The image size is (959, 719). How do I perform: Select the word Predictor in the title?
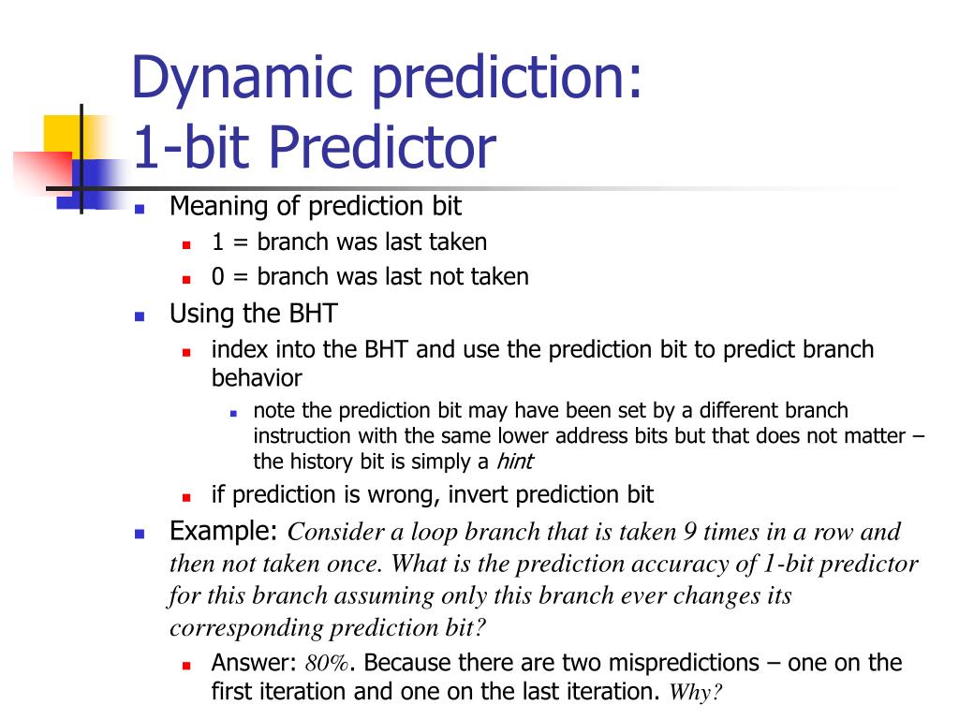point(382,147)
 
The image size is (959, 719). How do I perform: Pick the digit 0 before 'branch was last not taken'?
point(218,277)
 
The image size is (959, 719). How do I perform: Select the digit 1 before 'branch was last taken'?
point(217,242)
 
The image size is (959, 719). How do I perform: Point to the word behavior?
point(257,378)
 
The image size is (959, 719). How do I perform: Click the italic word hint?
point(514,461)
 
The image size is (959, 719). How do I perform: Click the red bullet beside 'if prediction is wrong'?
point(186,498)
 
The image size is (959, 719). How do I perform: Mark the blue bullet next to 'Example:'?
point(140,534)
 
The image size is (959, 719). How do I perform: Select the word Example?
point(224,532)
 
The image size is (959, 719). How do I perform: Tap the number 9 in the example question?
point(690,532)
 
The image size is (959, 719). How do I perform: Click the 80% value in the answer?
point(327,664)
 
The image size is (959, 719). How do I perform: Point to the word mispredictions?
point(684,664)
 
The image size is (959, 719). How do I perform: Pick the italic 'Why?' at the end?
point(696,692)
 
